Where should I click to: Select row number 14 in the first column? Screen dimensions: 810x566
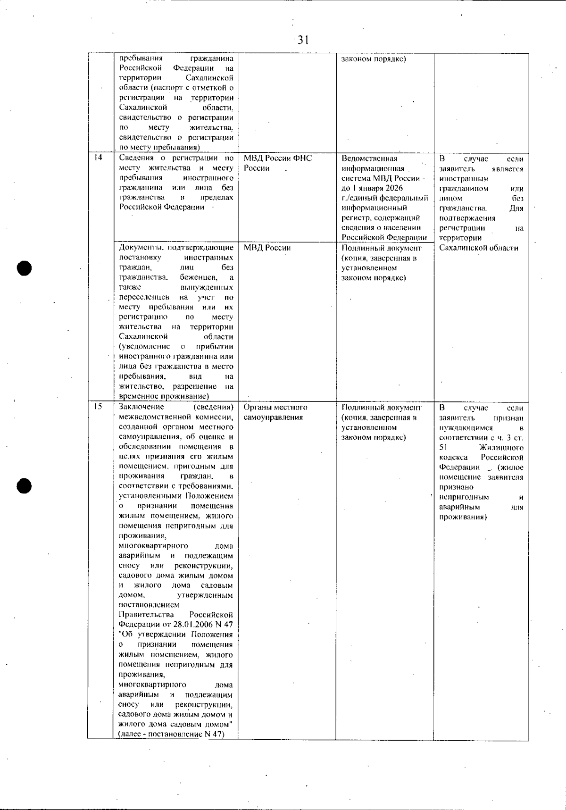98,159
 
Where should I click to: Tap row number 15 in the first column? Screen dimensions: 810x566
98,407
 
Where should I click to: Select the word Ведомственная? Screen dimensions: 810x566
369,159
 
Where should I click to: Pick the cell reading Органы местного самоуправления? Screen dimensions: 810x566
275,412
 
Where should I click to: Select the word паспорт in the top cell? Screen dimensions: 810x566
185,88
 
